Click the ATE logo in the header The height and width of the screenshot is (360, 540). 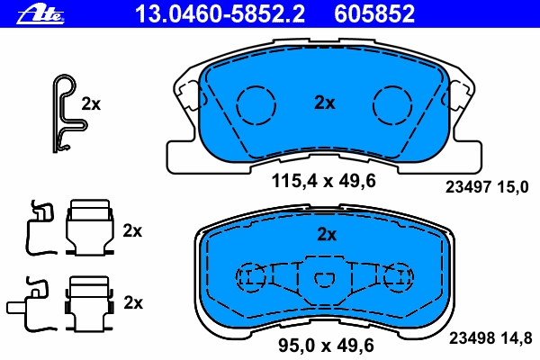40,14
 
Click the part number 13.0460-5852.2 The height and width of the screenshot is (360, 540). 220,13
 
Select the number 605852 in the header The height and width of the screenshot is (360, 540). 374,13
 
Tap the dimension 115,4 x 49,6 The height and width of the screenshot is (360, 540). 323,181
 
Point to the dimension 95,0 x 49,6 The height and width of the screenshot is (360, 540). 326,346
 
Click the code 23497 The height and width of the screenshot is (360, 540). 468,187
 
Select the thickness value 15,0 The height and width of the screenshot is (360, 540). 512,187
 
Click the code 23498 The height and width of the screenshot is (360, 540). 472,338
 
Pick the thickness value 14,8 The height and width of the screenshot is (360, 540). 515,338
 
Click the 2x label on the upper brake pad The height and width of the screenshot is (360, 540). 324,103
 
